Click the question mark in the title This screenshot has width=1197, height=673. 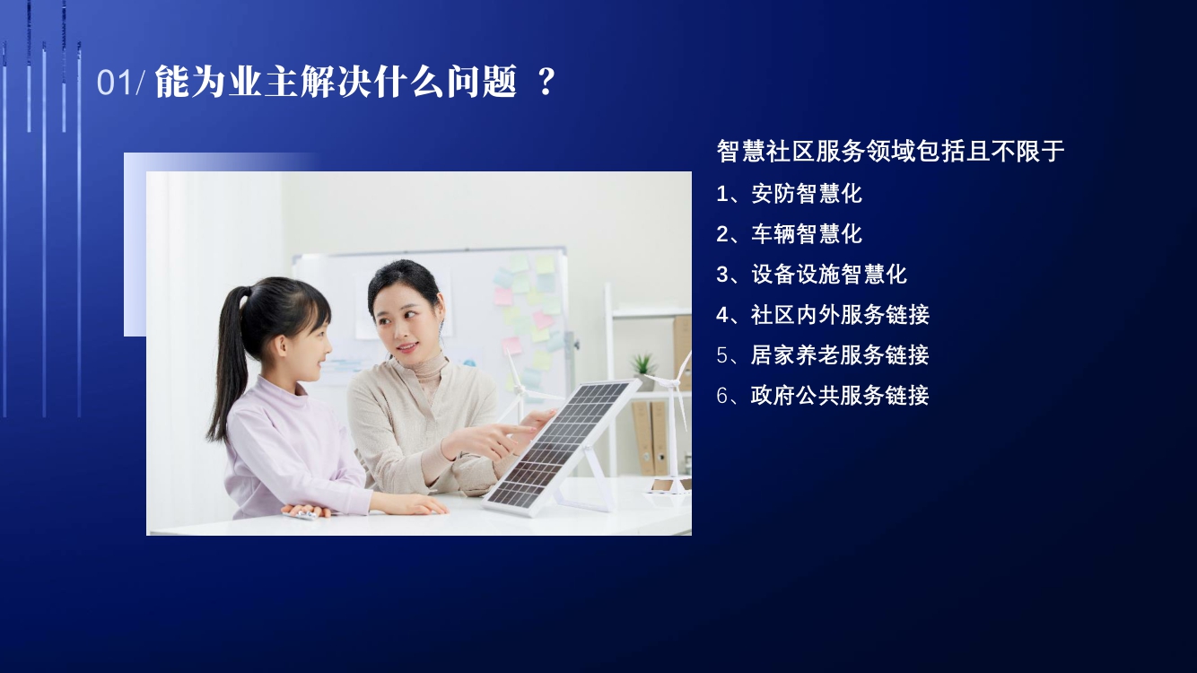546,82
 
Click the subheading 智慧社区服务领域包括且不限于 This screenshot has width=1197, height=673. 890,152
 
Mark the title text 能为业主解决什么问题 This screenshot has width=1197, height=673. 336,82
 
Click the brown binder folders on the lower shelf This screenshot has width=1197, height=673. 651,437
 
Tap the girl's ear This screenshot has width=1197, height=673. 279,346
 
